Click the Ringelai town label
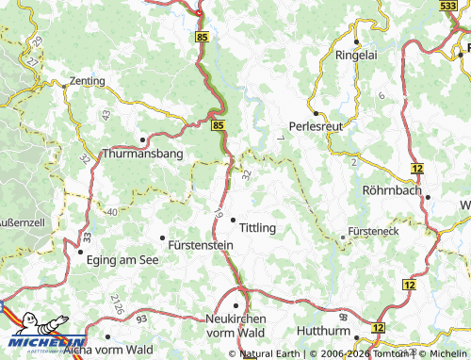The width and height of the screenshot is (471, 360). tap(357, 55)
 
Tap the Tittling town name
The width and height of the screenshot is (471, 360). tap(257, 228)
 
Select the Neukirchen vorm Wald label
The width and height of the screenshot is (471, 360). tap(237, 326)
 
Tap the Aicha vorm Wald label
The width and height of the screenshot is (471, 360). tap(115, 350)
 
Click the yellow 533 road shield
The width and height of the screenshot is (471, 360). tap(451, 6)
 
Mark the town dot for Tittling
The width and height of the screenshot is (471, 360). tap(232, 219)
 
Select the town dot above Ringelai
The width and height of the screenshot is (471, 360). tap(357, 41)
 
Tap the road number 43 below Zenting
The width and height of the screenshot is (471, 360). tap(106, 114)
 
